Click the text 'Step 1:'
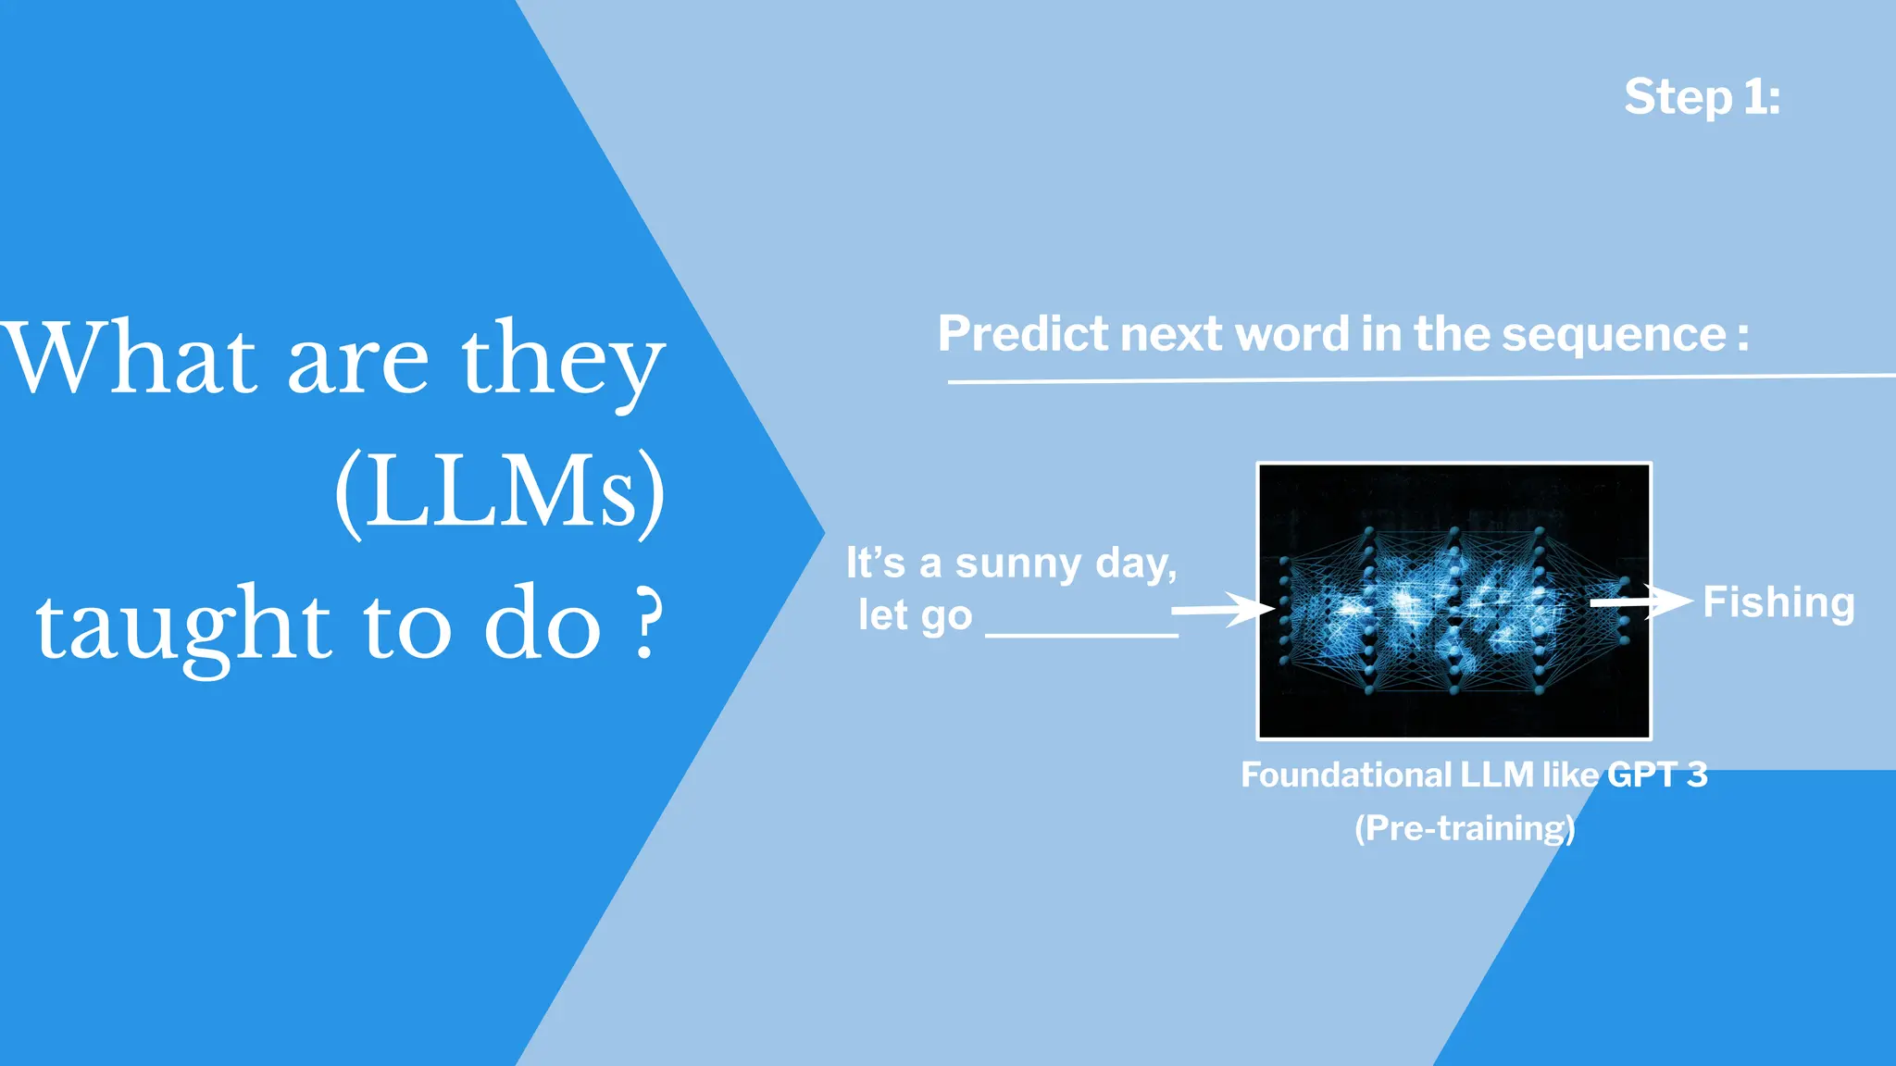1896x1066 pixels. coord(1702,97)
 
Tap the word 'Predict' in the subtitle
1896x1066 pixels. coord(1023,334)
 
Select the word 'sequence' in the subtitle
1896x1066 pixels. coord(1613,334)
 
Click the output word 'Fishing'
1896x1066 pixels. coord(1778,602)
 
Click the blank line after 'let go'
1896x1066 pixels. coord(1081,634)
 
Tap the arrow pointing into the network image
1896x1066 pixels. coord(1222,609)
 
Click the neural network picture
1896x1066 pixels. coord(1453,601)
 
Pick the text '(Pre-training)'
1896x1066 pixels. coord(1465,827)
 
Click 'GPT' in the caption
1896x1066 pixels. coord(1641,775)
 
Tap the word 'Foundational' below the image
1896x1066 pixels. coord(1346,775)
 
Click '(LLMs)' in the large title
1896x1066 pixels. coord(500,490)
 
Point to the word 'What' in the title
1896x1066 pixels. coord(130,359)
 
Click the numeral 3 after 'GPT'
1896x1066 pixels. coord(1696,775)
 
